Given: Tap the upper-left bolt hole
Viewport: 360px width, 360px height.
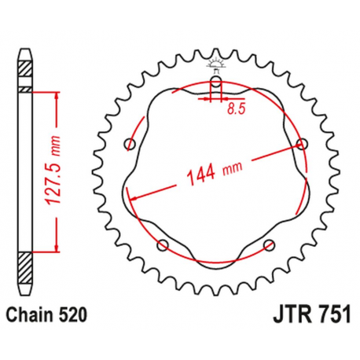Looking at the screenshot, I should pyautogui.click(x=130, y=144).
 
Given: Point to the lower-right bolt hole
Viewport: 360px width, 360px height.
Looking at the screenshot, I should pyautogui.click(x=270, y=246).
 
